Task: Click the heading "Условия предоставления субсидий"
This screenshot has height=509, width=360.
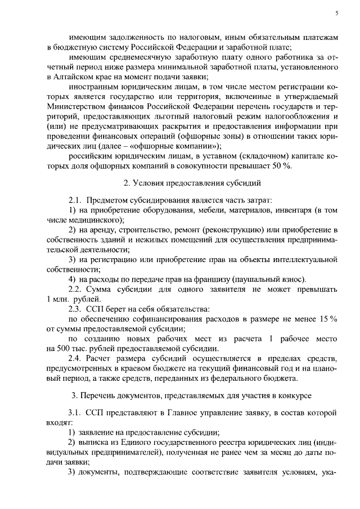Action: click(184, 182)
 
